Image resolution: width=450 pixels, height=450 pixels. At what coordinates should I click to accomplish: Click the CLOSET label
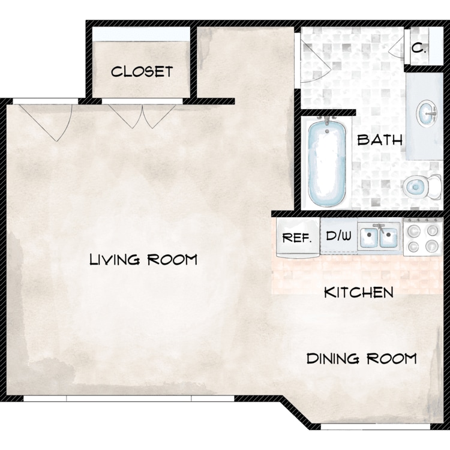(142, 72)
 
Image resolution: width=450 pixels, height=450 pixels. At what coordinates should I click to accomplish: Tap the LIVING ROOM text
(143, 260)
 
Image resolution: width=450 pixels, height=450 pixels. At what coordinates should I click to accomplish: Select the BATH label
(380, 140)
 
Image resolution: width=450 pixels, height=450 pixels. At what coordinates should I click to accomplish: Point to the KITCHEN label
(359, 292)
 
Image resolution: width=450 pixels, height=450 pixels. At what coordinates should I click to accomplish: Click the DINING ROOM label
(362, 359)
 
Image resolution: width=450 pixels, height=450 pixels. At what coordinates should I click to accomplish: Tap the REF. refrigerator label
(297, 238)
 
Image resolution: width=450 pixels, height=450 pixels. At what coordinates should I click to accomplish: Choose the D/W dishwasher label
(338, 236)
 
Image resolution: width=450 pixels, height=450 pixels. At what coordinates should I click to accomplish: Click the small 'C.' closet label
(419, 49)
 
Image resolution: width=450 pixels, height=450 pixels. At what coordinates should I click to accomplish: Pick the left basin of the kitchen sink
(369, 237)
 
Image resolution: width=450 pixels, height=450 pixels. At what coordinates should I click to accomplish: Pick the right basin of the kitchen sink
(388, 237)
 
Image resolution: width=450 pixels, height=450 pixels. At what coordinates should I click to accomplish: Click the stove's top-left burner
(414, 231)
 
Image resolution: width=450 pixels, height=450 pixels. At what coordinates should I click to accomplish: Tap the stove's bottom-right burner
(432, 246)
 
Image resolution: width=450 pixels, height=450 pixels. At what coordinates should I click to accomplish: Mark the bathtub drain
(327, 131)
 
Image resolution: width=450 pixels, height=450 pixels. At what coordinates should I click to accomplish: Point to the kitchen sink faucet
(380, 228)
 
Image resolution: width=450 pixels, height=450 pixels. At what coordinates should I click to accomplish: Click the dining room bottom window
(376, 427)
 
